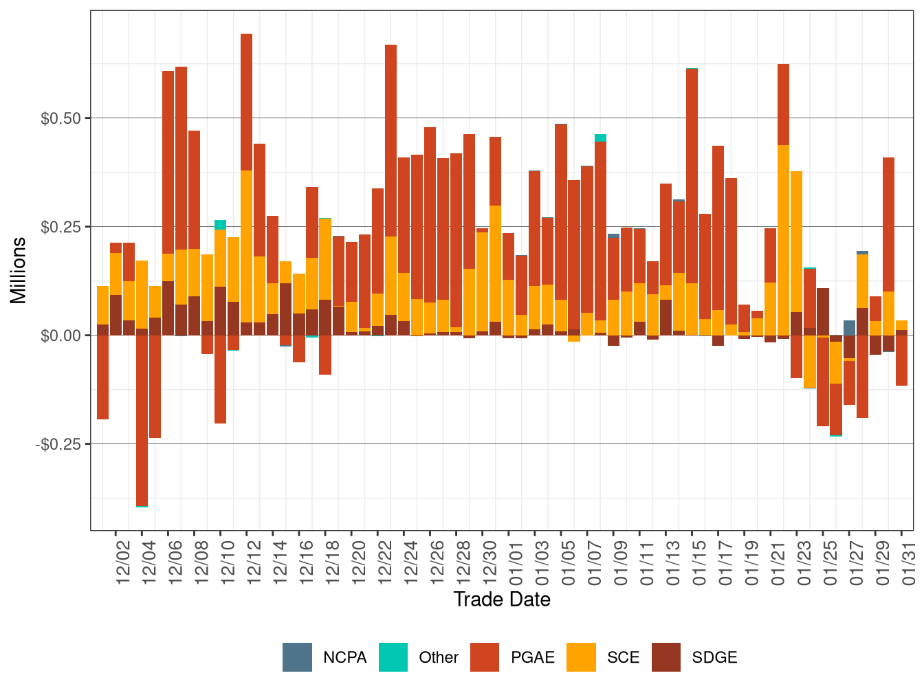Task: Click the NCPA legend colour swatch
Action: tap(297, 657)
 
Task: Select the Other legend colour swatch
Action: tap(393, 657)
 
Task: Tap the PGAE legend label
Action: tap(532, 657)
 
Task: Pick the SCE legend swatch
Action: tap(581, 657)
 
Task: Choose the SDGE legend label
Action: tap(714, 657)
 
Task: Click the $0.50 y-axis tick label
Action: tap(62, 118)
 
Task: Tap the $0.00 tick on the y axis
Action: tap(62, 335)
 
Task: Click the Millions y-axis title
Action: tap(18, 269)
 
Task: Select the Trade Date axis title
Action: tap(502, 599)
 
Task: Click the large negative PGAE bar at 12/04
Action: tap(142, 419)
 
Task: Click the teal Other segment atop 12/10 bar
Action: tap(220, 225)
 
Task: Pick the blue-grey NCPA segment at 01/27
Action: tap(850, 328)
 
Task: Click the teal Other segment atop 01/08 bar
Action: tap(600, 137)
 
